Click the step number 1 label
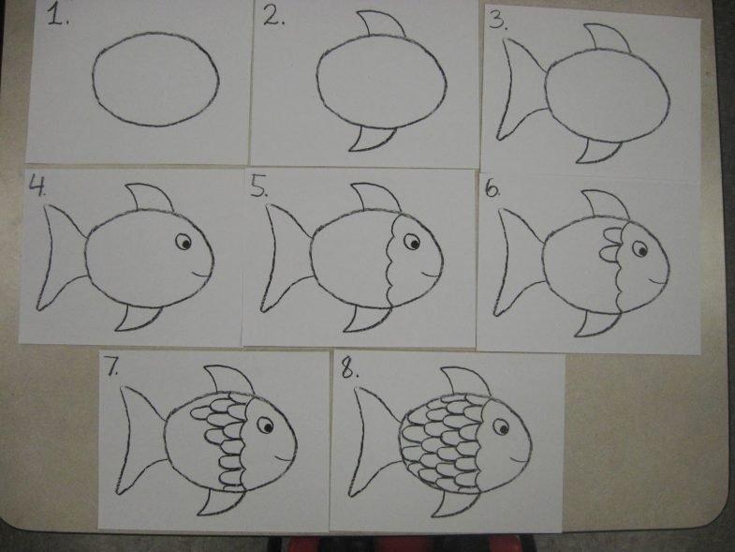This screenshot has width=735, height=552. (58, 16)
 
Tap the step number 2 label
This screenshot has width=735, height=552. (273, 17)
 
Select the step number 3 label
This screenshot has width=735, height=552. (498, 21)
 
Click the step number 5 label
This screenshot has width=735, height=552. (258, 186)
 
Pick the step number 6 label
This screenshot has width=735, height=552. (492, 188)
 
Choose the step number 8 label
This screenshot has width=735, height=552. (349, 369)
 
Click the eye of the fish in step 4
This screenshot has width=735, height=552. (184, 242)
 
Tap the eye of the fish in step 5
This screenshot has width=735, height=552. (412, 242)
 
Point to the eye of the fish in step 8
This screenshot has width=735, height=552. (501, 427)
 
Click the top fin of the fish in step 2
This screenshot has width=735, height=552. (382, 23)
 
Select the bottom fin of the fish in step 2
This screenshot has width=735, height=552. (372, 139)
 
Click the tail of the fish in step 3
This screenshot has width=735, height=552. (522, 89)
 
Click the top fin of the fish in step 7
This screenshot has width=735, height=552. (229, 380)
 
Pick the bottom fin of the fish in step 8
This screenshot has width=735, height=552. (454, 503)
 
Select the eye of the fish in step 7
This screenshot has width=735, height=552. (265, 425)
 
